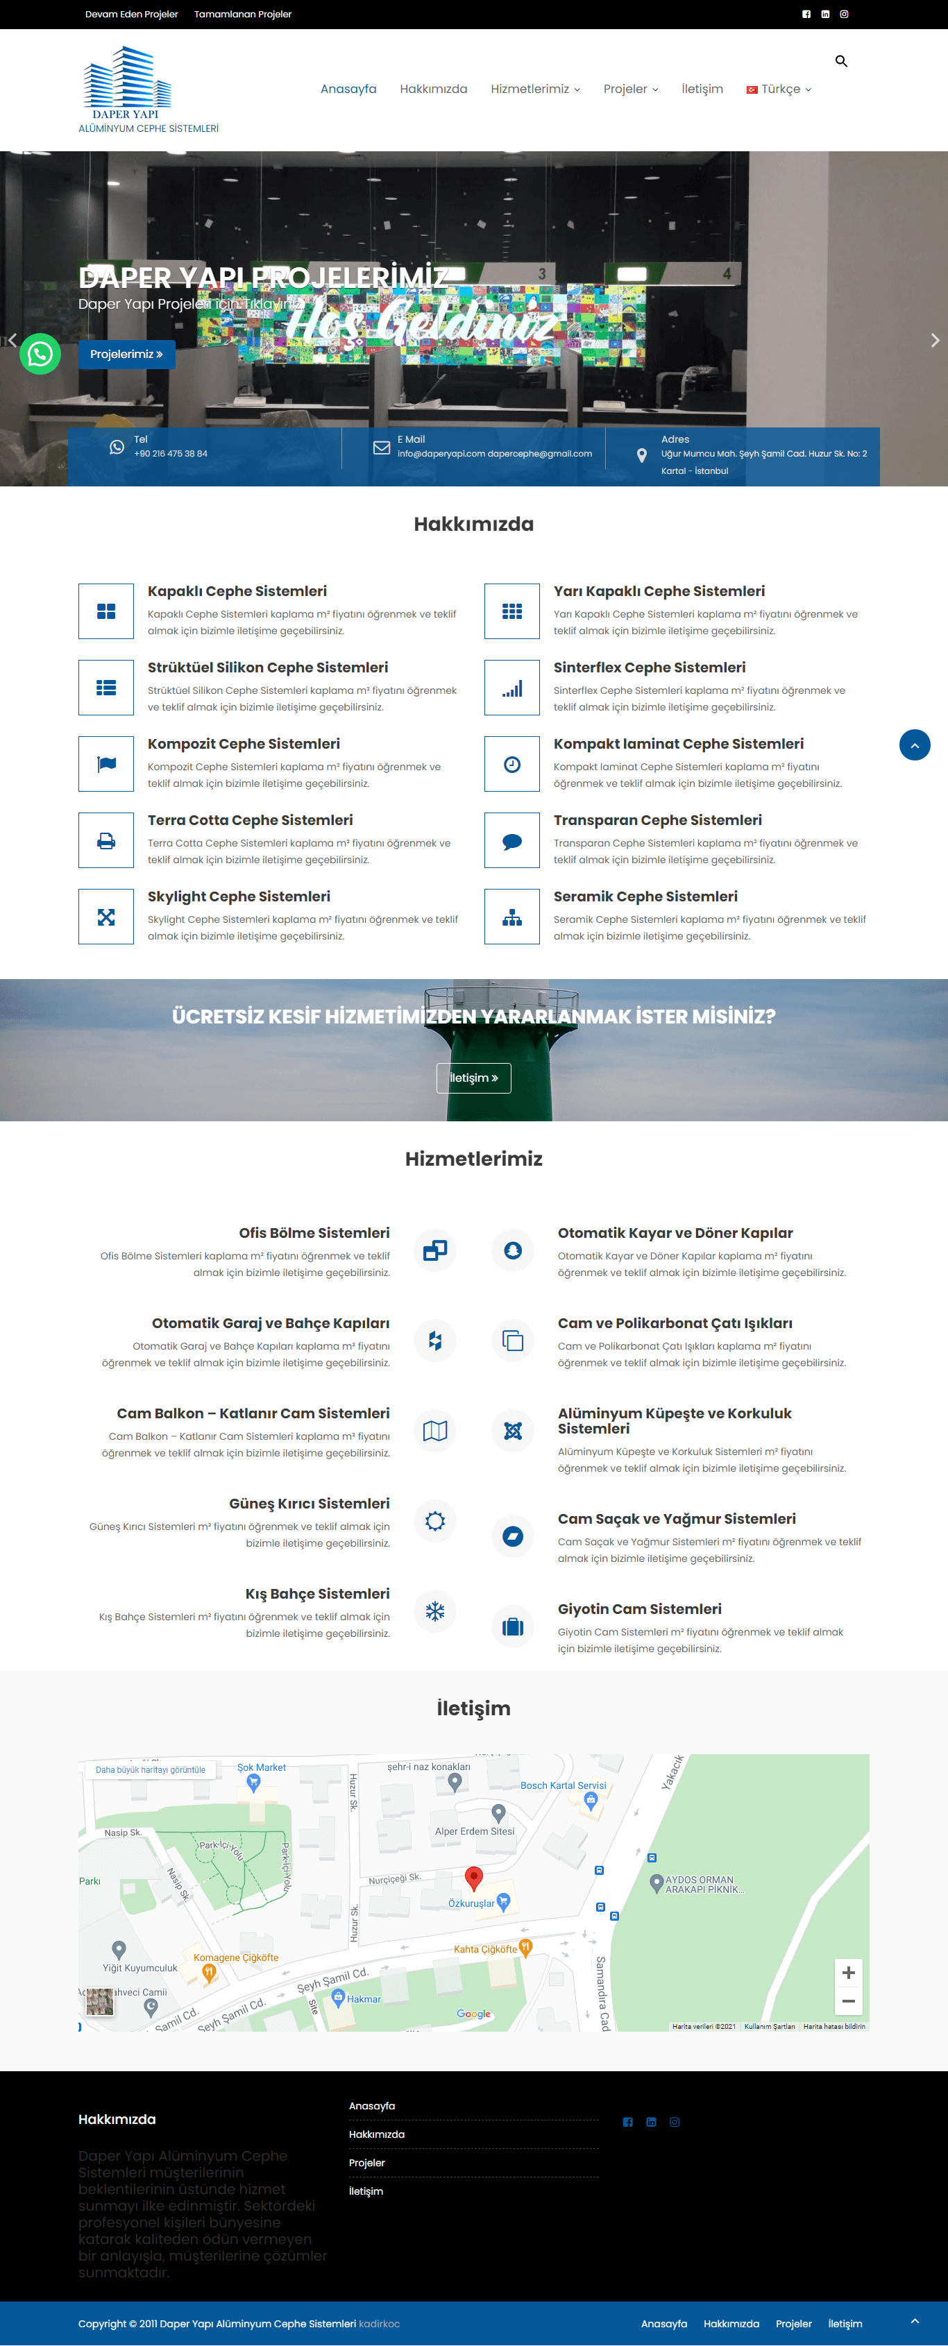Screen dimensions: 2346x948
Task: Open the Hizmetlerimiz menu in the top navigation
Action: click(x=534, y=90)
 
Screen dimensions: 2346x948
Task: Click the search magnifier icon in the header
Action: click(x=840, y=61)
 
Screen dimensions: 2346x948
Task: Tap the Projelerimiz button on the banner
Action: click(x=126, y=355)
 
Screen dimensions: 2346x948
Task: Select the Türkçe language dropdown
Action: click(x=779, y=90)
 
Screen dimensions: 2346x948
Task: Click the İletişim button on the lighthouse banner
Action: click(x=473, y=1078)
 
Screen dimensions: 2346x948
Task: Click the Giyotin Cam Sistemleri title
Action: click(x=639, y=1609)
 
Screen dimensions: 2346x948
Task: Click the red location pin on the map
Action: click(x=473, y=1876)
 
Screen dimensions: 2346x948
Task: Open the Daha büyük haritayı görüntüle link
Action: click(x=151, y=1769)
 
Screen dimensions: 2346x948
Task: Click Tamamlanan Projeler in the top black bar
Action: click(x=242, y=15)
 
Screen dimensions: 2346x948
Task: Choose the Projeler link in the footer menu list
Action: click(x=367, y=2163)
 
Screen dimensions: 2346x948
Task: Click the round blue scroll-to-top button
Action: click(x=914, y=745)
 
